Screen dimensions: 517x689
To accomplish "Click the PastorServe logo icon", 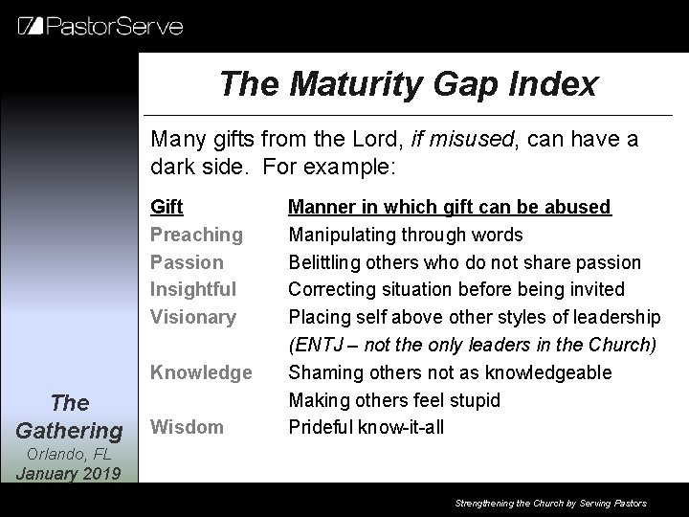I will (x=30, y=26).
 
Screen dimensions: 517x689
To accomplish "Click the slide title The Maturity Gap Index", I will (x=408, y=84).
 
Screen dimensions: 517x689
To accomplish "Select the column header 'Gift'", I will (x=167, y=207).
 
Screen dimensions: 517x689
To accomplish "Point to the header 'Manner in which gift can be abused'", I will (x=450, y=207).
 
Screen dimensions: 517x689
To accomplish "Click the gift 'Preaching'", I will (x=196, y=235).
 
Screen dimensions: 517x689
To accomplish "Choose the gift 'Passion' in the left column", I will (x=187, y=262).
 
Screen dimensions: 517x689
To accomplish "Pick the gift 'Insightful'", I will (x=193, y=289).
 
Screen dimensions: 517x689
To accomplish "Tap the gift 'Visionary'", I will (x=193, y=317).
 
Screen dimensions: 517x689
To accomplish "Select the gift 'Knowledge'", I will (x=201, y=371).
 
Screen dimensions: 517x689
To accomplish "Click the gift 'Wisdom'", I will (x=186, y=427).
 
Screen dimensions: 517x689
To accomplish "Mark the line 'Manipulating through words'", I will (x=406, y=235).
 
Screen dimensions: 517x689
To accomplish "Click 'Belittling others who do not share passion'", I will (x=465, y=262).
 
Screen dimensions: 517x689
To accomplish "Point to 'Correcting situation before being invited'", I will (x=456, y=289).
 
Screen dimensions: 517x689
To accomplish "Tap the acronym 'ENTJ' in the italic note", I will (x=317, y=345).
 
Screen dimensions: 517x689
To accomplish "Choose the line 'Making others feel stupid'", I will (x=394, y=399).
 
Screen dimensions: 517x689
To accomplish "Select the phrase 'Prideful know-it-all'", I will (x=367, y=427).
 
